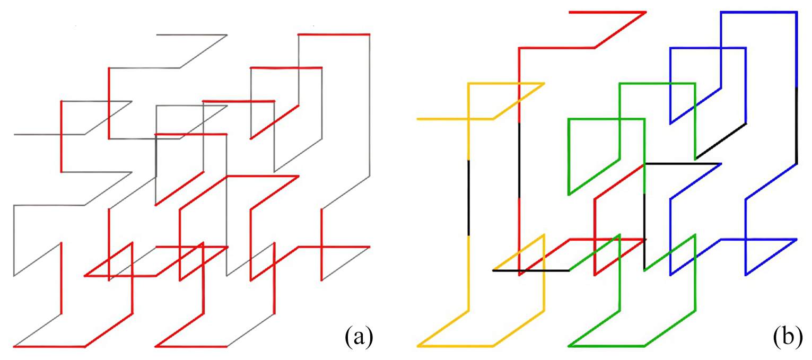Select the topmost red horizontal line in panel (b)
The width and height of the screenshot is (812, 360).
pos(607,12)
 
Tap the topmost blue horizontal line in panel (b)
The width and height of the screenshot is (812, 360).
pos(758,12)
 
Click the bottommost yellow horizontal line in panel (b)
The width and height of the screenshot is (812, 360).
pos(456,346)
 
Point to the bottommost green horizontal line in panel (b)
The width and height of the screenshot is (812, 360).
pos(607,346)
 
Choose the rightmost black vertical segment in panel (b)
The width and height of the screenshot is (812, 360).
pos(797,125)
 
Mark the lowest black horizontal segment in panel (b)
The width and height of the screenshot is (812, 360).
pos(531,271)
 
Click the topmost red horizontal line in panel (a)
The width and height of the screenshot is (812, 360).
pos(334,34)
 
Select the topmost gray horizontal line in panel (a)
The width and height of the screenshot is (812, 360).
pos(192,35)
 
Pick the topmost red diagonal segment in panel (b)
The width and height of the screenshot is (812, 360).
pos(620,30)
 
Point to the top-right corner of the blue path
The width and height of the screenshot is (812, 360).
pos(797,12)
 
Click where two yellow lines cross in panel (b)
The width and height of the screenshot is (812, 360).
pos(468,119)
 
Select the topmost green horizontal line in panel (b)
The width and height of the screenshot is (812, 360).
pos(657,83)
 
